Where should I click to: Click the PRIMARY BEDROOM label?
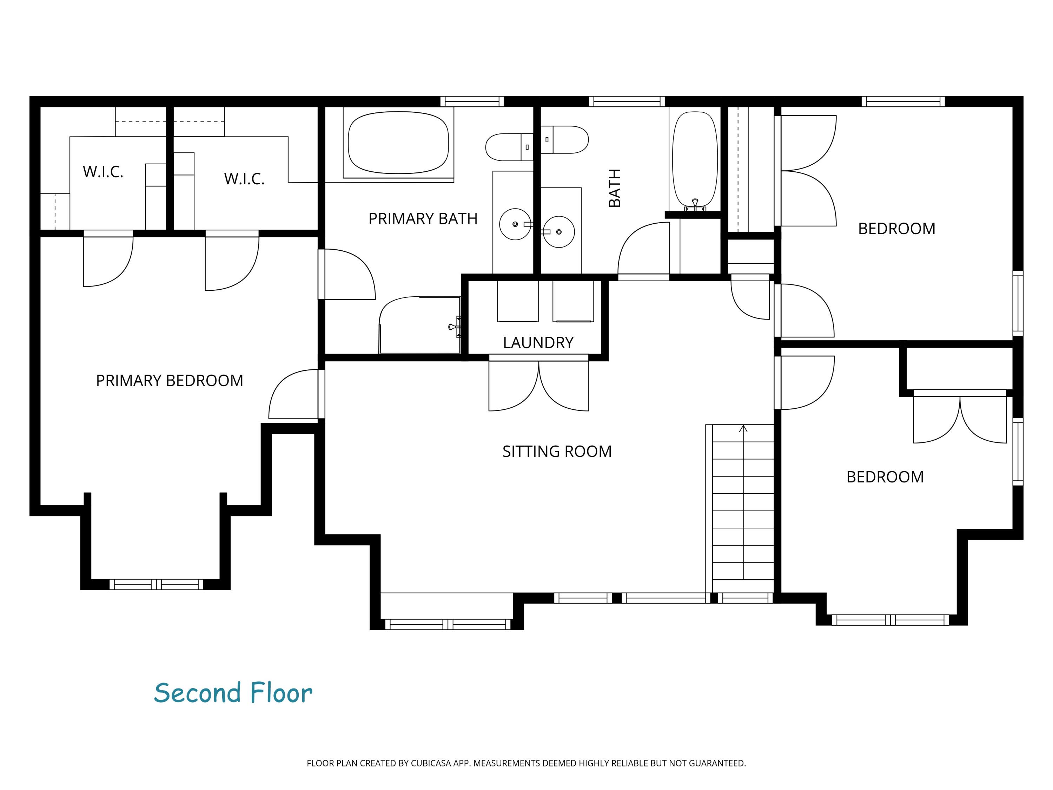point(170,381)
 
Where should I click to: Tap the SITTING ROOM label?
point(557,452)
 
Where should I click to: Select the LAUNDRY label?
point(538,342)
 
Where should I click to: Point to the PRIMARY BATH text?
point(423,219)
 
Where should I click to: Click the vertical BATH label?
point(615,188)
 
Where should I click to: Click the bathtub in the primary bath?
point(398,143)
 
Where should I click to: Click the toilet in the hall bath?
point(564,139)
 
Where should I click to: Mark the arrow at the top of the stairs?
point(743,429)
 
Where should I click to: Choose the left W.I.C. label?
point(103,172)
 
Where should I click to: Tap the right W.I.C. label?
point(244,179)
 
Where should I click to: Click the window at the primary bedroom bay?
point(156,584)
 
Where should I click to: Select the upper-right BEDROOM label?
point(896,229)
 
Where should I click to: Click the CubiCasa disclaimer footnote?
point(526,763)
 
